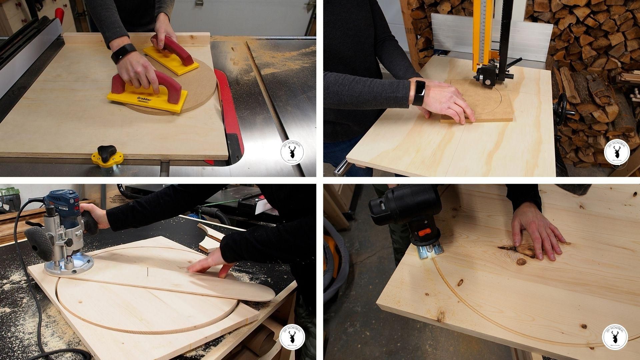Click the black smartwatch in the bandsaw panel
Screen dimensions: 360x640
[419, 93]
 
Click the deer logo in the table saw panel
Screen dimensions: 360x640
[292, 152]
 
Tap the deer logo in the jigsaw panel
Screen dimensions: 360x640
[615, 337]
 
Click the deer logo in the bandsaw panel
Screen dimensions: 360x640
[616, 152]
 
